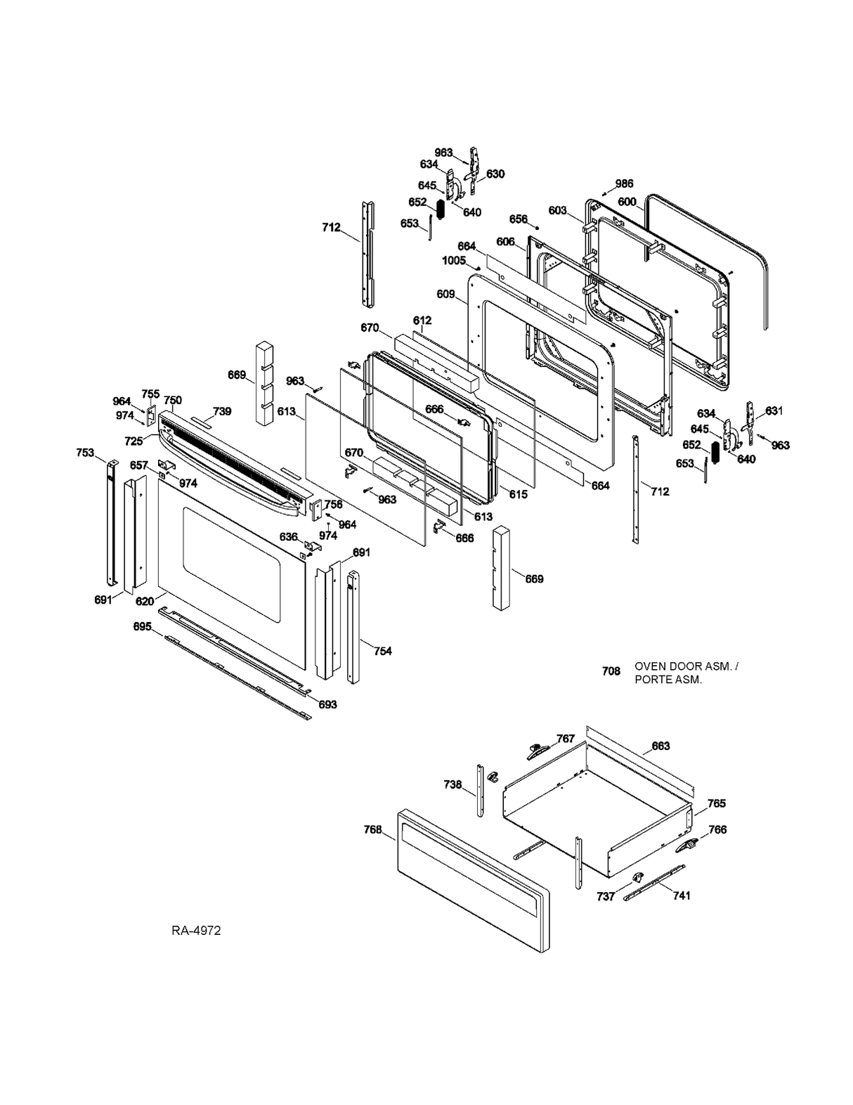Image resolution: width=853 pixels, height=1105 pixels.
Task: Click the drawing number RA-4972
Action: (196, 931)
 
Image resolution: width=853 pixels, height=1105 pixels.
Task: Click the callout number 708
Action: (611, 671)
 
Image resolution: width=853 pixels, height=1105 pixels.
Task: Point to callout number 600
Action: (627, 202)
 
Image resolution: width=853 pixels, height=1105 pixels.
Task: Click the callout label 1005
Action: (453, 260)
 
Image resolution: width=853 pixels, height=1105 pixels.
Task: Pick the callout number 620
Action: (145, 601)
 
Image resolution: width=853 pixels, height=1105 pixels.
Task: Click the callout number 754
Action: (382, 651)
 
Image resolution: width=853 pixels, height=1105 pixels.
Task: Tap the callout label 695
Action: (143, 626)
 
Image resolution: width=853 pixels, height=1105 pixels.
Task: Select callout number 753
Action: (85, 453)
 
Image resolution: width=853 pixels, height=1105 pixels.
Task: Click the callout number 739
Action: (222, 411)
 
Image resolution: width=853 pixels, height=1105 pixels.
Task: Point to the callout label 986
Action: (624, 183)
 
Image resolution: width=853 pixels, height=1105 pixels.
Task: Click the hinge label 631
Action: (774, 411)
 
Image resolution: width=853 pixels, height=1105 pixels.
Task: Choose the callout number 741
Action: (681, 895)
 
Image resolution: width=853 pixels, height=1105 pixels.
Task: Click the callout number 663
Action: (660, 746)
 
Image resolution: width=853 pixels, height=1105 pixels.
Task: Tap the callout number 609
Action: (445, 294)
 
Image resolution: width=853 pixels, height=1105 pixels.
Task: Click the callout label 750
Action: (173, 400)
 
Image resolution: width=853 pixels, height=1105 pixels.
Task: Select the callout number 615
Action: (518, 494)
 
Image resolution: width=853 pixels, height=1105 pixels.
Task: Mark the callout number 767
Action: (566, 738)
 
